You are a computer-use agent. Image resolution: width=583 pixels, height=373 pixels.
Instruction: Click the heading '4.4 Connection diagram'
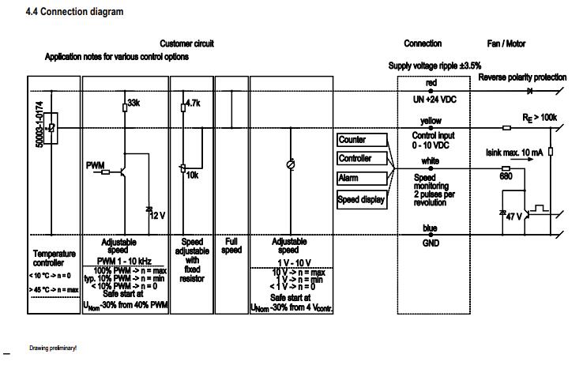pyautogui.click(x=74, y=13)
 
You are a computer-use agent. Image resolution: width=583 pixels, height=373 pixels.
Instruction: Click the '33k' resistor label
pyautogui.click(x=134, y=104)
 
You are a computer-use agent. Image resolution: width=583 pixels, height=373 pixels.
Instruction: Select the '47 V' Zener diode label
pyautogui.click(x=514, y=216)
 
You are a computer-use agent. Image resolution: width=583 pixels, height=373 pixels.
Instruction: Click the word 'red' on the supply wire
pyautogui.click(x=431, y=82)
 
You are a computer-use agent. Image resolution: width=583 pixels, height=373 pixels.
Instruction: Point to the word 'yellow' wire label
pyautogui.click(x=431, y=121)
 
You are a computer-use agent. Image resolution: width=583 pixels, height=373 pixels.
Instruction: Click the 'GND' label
pyautogui.click(x=431, y=243)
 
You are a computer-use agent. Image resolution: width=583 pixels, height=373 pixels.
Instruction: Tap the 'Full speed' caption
pyautogui.click(x=231, y=246)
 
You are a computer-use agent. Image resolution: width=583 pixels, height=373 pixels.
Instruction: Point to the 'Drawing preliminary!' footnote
pyautogui.click(x=53, y=347)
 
